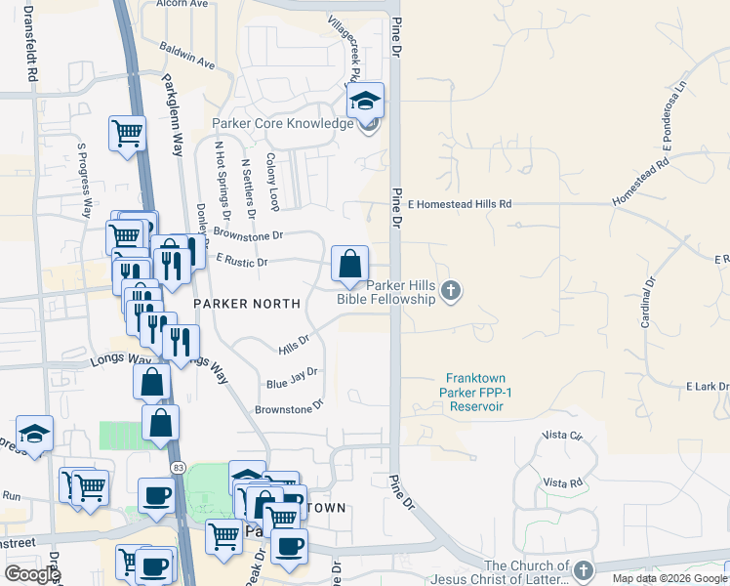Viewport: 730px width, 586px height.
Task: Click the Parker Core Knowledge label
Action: pyautogui.click(x=283, y=124)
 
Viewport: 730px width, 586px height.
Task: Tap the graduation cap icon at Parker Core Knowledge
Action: pyautogui.click(x=366, y=101)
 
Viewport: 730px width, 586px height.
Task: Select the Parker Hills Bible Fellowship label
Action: pyautogui.click(x=386, y=292)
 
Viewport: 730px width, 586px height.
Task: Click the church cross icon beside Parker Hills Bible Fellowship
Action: pyautogui.click(x=451, y=289)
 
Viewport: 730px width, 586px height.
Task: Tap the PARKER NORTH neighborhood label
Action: pyautogui.click(x=246, y=304)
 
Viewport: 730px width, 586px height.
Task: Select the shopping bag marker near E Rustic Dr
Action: pyautogui.click(x=349, y=264)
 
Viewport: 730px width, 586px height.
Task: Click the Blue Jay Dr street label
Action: pyautogui.click(x=293, y=377)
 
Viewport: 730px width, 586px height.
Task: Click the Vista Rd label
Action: pyautogui.click(x=562, y=482)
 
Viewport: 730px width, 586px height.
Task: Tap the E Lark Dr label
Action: pyautogui.click(x=708, y=387)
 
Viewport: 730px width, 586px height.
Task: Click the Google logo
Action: pyautogui.click(x=31, y=574)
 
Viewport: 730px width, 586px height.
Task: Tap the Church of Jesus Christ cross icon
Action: pyautogui.click(x=583, y=569)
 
